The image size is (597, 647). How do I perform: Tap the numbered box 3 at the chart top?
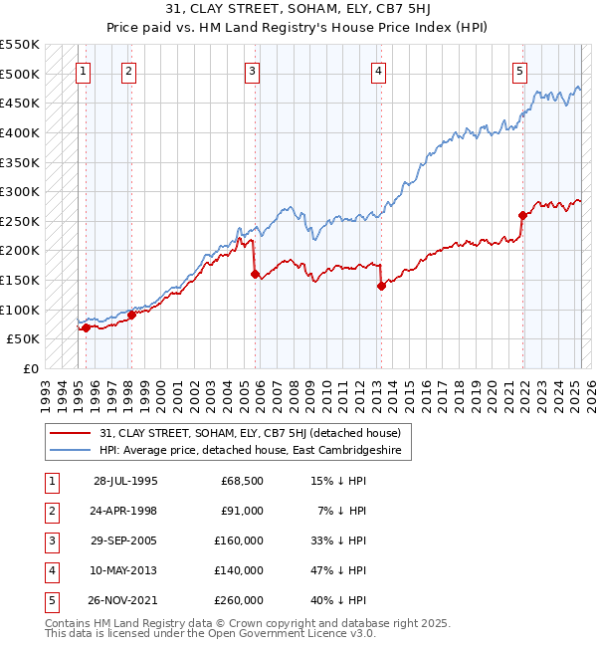click(253, 71)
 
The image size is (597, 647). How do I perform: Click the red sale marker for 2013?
click(381, 286)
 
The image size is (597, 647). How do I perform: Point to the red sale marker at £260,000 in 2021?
click(523, 215)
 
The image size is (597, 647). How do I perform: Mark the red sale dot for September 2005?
click(256, 274)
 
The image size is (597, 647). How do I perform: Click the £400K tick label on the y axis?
click(20, 132)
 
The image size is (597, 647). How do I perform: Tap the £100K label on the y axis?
click(20, 310)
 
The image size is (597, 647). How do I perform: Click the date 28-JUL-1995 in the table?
click(125, 482)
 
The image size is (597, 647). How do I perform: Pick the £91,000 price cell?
click(242, 511)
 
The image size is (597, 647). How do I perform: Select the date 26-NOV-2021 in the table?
click(125, 600)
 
